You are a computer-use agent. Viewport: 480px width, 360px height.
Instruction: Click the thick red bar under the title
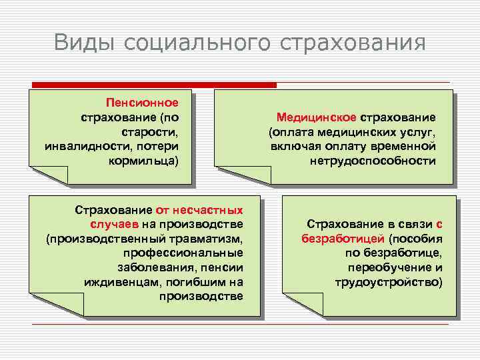coord(154,85)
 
